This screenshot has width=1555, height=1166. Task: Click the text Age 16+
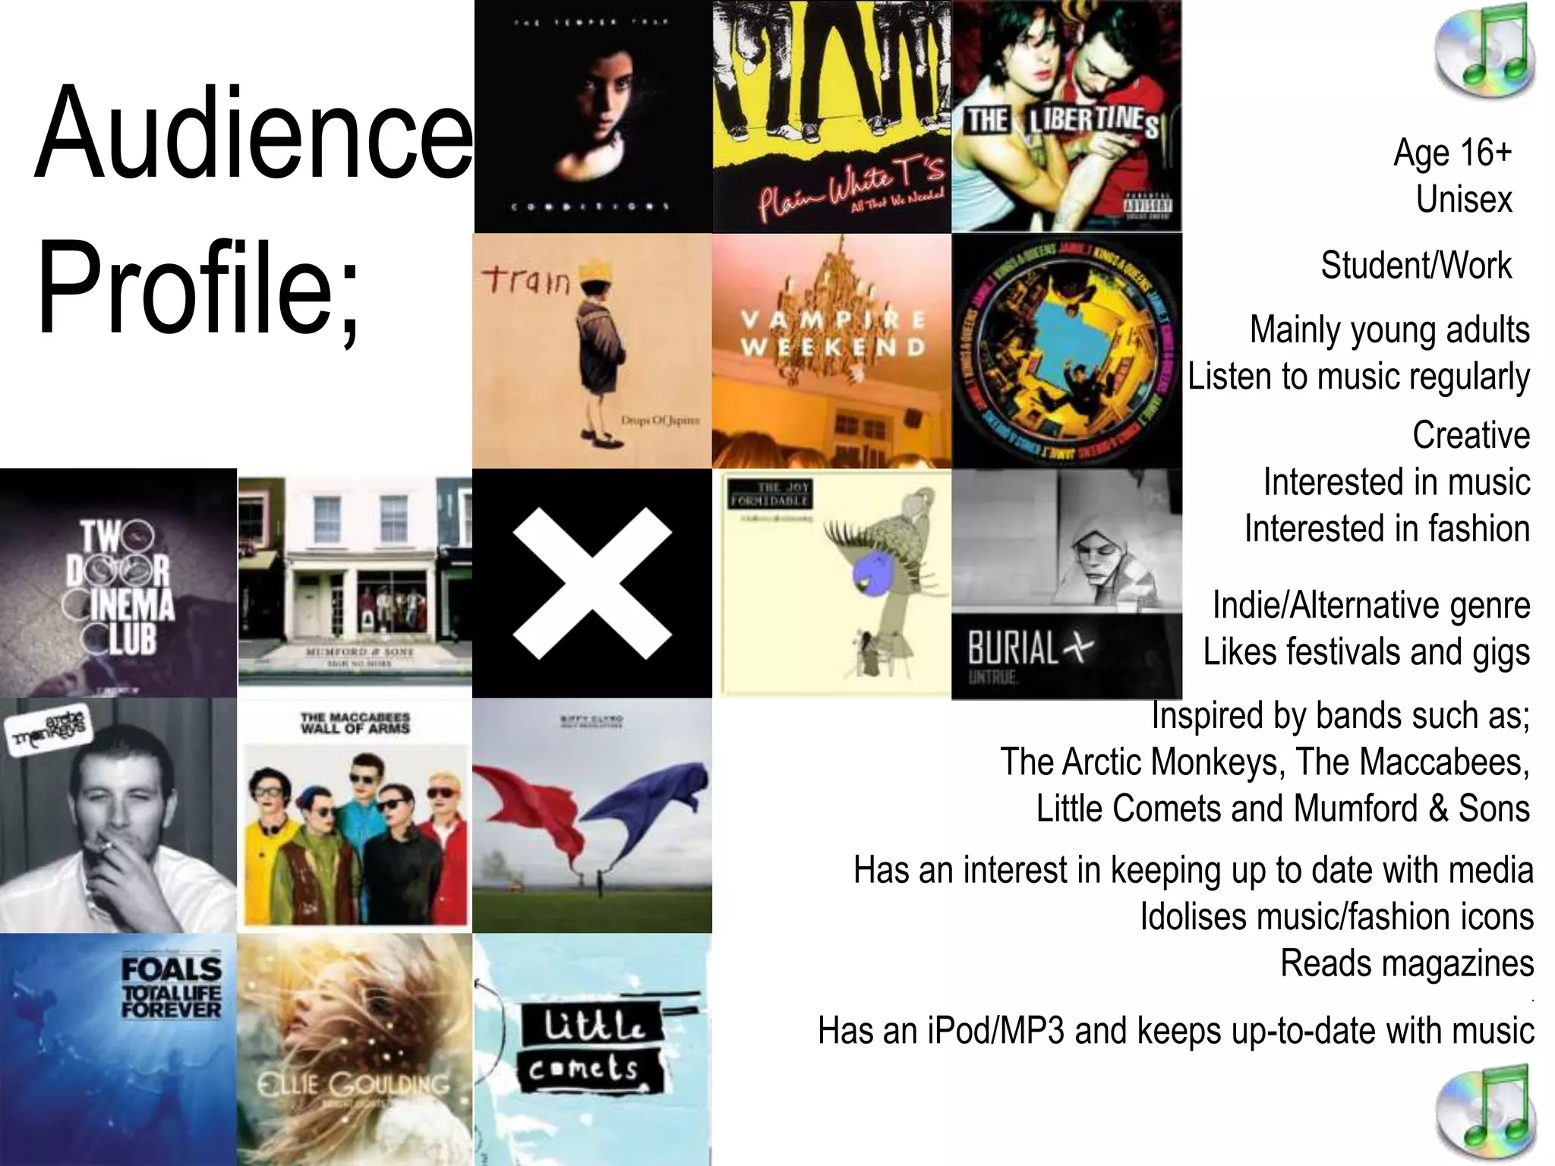[x=1452, y=153]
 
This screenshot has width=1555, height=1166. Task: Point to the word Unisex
[x=1464, y=200]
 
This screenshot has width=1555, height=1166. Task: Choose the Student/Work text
[x=1415, y=266]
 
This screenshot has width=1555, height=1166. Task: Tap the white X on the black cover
[x=591, y=583]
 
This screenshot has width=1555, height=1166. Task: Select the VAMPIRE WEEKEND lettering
[x=832, y=334]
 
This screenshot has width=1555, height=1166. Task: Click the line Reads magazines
[x=1406, y=963]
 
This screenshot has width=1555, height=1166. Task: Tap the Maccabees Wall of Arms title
[x=355, y=723]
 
